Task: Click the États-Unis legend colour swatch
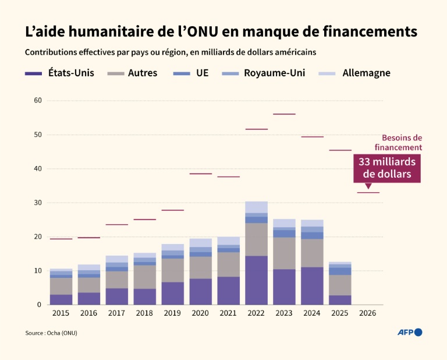coord(33,73)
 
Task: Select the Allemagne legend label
coord(366,73)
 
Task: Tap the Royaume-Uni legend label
coord(274,73)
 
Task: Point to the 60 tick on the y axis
coord(38,101)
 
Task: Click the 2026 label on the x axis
coord(368,313)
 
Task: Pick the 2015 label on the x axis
coord(61,313)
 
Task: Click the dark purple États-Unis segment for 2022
coord(256,280)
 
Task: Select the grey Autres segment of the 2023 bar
coord(284,253)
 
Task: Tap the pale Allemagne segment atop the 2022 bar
coord(256,207)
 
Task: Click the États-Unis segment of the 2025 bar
coord(340,300)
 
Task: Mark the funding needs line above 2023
coord(284,114)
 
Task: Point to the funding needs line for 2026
coord(368,192)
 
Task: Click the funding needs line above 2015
coord(61,239)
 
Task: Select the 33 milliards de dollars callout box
coord(387,168)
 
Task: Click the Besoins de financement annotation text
coord(402,143)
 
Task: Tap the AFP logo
coord(409,332)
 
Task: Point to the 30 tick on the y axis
coord(38,203)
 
